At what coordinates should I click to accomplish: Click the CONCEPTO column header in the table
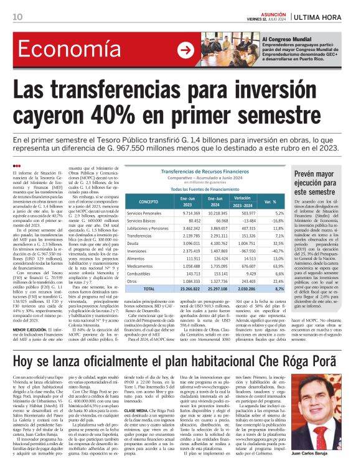click(x=148, y=202)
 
